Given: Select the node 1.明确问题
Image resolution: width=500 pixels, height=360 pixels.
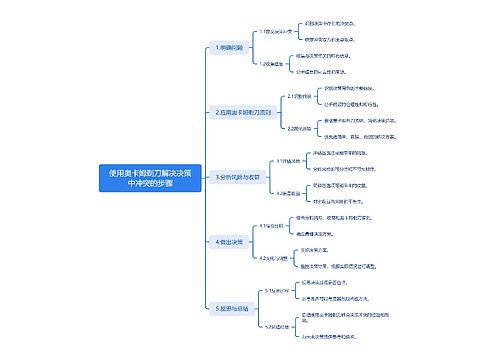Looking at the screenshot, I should click(229, 48).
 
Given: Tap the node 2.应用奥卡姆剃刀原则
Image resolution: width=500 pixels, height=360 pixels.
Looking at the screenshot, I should click(242, 113).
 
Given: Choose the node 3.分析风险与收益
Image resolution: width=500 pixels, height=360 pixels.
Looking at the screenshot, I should click(237, 177).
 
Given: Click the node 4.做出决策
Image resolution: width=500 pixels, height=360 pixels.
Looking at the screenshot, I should click(229, 242).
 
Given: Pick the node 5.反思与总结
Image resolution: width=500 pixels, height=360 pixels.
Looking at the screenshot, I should click(232, 308).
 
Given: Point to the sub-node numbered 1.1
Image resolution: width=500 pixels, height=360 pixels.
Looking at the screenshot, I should click(271, 32).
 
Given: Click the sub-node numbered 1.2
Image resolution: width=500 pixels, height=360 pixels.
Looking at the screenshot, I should click(270, 63).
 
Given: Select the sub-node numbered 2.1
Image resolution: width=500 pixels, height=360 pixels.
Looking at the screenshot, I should click(298, 97).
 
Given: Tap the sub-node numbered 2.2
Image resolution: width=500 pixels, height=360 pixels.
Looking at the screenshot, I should click(299, 128).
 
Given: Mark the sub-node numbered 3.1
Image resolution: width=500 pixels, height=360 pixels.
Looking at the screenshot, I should click(288, 161).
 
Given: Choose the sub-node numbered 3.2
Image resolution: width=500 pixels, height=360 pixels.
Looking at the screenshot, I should click(288, 193).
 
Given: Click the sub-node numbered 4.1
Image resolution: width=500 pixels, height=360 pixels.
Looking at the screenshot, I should click(271, 226).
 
